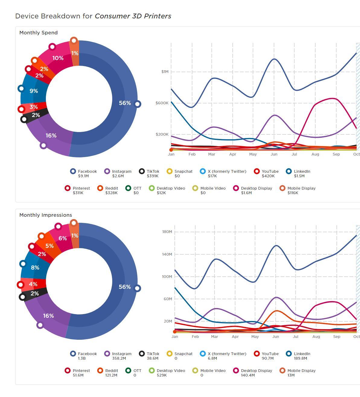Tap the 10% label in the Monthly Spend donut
tap(58, 58)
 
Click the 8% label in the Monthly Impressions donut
tap(35, 267)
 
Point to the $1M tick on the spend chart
tap(165, 72)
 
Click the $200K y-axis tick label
tap(162, 134)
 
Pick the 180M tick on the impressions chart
tap(167, 232)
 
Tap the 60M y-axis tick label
tap(168, 299)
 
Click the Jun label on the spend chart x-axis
tap(274, 154)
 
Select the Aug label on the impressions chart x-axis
tap(316, 337)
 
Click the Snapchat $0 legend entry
tap(180, 173)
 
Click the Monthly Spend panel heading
tap(38, 33)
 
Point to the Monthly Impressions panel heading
tap(46, 215)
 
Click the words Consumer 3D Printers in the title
tap(133, 16)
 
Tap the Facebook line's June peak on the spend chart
tap(274, 59)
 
